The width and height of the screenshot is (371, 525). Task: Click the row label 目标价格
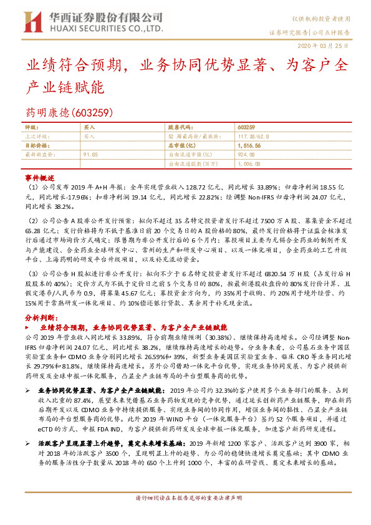pos(35,144)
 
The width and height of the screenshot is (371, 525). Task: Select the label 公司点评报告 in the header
pos(330,31)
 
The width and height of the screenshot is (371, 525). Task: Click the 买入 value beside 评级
pos(89,127)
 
